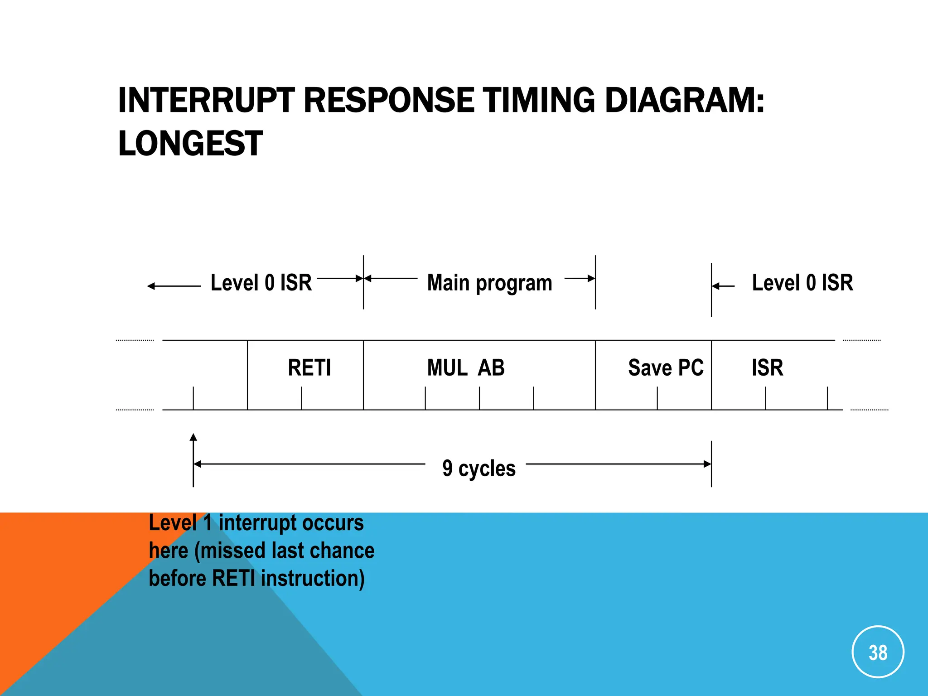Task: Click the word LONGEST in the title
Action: [x=190, y=144]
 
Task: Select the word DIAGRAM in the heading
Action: [x=680, y=100]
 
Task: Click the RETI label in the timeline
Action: [x=309, y=367]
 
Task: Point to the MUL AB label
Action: [x=466, y=367]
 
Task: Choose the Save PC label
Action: [x=666, y=367]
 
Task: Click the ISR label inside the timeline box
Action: [x=767, y=367]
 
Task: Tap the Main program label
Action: [x=489, y=283]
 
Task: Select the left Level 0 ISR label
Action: [x=261, y=283]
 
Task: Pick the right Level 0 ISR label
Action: [x=802, y=283]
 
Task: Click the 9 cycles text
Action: [x=479, y=468]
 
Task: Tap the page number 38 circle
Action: [x=878, y=652]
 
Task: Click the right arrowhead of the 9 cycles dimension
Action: [x=707, y=464]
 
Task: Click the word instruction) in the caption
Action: [x=313, y=579]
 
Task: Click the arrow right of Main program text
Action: [x=580, y=278]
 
